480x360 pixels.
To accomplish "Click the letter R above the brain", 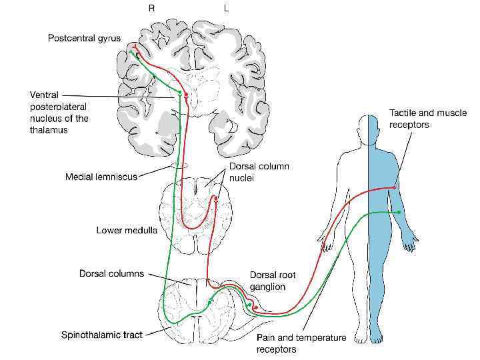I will tap(151, 9).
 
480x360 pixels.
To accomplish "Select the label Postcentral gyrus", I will tap(84, 38).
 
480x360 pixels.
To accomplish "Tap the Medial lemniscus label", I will tap(101, 177).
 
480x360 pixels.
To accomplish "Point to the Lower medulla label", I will tap(126, 231).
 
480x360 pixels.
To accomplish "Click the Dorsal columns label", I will tap(111, 273).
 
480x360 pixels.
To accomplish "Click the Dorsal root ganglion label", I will tap(273, 281).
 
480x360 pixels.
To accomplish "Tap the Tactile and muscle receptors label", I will tap(427, 119).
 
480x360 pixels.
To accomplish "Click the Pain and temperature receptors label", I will tap(301, 343).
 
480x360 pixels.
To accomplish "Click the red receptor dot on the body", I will tap(394, 188).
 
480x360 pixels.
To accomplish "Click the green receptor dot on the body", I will tap(399, 212).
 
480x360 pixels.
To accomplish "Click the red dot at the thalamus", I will tap(187, 95).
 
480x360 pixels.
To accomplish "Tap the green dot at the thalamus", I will tap(180, 91).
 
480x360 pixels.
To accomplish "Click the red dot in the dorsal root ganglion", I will tap(255, 307).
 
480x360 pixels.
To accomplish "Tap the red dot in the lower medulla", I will tap(215, 198).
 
